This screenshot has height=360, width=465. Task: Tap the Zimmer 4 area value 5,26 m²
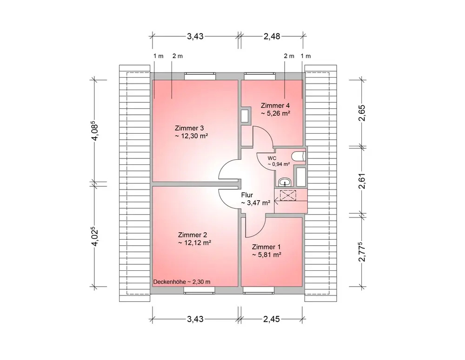pyautogui.click(x=275, y=113)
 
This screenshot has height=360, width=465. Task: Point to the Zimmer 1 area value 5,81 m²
pyautogui.click(x=267, y=255)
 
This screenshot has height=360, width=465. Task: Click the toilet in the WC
pyautogui.click(x=298, y=156)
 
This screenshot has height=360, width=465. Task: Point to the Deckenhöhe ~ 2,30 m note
pyautogui.click(x=182, y=282)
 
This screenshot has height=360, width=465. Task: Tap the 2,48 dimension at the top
pyautogui.click(x=272, y=36)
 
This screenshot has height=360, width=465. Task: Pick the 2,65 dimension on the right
pyautogui.click(x=363, y=112)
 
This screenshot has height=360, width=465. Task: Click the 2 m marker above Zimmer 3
pyautogui.click(x=177, y=56)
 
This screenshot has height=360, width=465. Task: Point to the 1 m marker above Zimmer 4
pyautogui.click(x=306, y=56)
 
